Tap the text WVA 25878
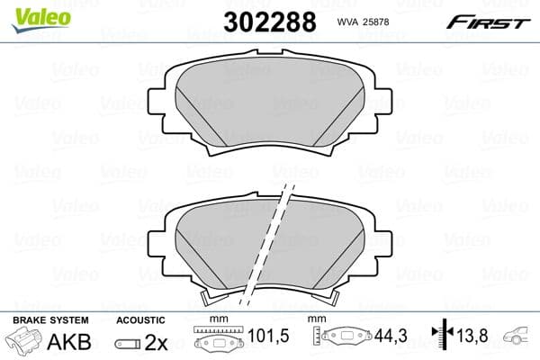363,22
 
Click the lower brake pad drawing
225,243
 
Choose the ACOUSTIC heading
141,320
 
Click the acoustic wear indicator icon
130,344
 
